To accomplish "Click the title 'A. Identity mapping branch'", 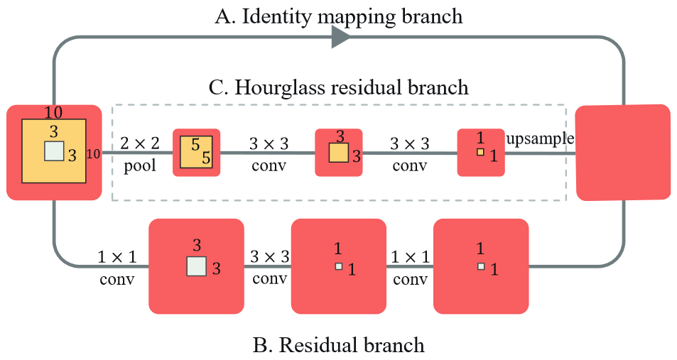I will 338,16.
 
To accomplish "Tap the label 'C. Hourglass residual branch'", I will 339,88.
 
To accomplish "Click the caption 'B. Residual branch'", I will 338,346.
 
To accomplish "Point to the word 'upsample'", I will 540,138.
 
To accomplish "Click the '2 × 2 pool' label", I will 139,154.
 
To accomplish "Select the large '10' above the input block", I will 53,112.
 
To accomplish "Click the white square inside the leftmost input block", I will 54,151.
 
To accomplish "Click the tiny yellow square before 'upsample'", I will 480,152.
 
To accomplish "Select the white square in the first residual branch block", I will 196,266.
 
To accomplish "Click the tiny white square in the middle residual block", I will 338,266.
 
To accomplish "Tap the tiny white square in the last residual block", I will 480,266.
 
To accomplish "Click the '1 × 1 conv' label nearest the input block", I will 117,266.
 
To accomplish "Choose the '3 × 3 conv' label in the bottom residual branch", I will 269,266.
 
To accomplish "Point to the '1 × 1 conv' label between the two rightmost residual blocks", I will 410,266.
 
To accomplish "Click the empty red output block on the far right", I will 623,152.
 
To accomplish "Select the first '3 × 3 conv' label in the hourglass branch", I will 269,154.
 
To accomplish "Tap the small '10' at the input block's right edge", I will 93,153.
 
